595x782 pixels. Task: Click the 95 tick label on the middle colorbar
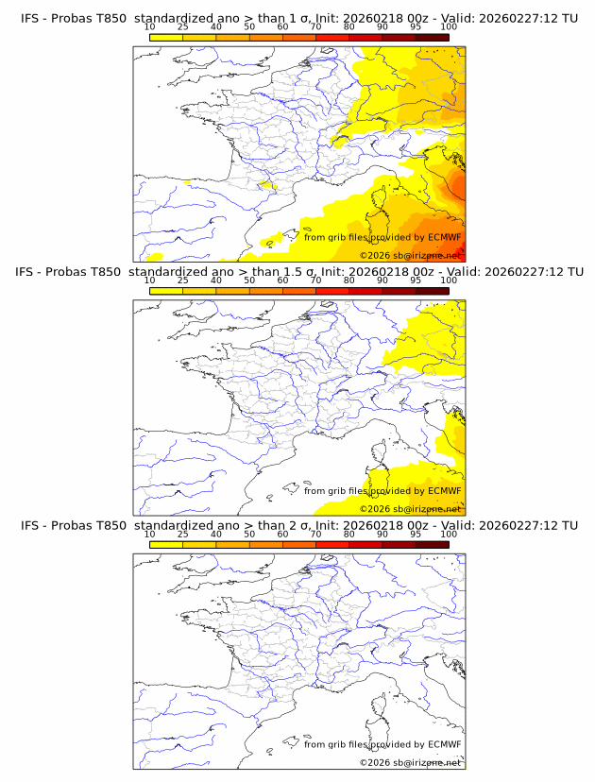coord(416,280)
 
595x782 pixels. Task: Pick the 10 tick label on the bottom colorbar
coord(150,534)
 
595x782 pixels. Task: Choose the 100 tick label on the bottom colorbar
coord(449,534)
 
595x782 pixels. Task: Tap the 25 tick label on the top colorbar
coord(183,27)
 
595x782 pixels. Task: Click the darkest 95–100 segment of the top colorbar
coord(432,37)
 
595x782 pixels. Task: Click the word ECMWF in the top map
coord(444,237)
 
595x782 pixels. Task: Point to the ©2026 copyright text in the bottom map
coord(375,762)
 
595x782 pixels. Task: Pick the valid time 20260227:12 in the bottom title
coord(518,524)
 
